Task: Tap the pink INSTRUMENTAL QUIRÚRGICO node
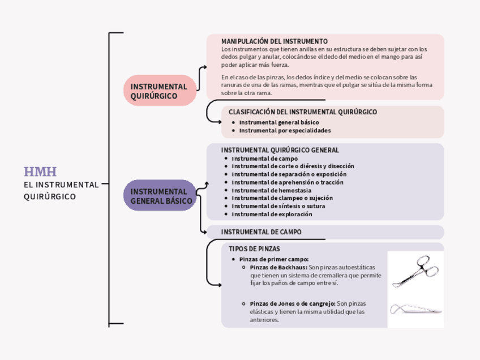pyautogui.click(x=159, y=91)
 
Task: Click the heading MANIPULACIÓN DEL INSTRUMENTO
pyautogui.click(x=274, y=41)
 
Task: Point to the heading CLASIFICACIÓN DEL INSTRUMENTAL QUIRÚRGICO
pyautogui.click(x=302, y=112)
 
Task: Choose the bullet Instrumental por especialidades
pyautogui.click(x=285, y=130)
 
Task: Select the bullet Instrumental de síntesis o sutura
pyautogui.click(x=278, y=206)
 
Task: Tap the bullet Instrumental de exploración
pyautogui.click(x=272, y=214)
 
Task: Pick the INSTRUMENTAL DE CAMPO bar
pyautogui.click(x=324, y=232)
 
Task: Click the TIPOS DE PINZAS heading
pyautogui.click(x=254, y=248)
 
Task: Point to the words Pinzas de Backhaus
pyautogui.click(x=278, y=267)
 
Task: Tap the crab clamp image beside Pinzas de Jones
pyautogui.click(x=415, y=310)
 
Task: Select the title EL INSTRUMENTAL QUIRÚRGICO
pyautogui.click(x=61, y=190)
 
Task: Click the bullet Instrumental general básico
pyautogui.click(x=278, y=122)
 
